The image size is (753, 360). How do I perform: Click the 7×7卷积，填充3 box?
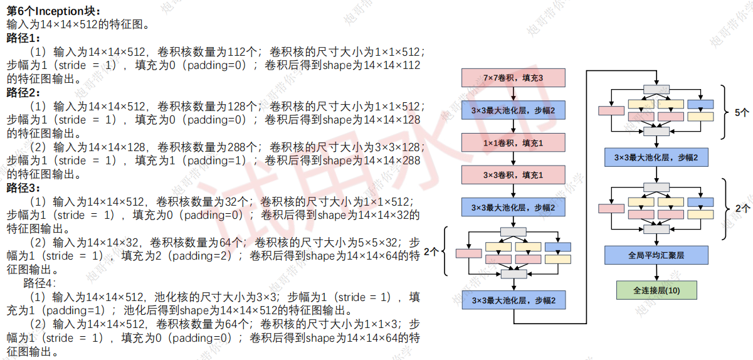pyautogui.click(x=513, y=78)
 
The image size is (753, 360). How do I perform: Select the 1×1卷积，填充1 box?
pyautogui.click(x=513, y=143)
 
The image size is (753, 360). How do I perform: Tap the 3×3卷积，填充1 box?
pyautogui.click(x=513, y=175)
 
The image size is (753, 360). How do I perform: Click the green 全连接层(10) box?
pyautogui.click(x=656, y=290)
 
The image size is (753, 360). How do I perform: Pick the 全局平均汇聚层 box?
pyautogui.click(x=656, y=255)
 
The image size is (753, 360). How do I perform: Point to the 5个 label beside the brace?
pyautogui.click(x=742, y=113)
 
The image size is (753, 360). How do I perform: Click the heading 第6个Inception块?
pyautogui.click(x=53, y=11)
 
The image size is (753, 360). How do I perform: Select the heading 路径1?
pyautogui.click(x=23, y=38)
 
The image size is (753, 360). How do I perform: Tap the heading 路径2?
pyautogui.click(x=23, y=92)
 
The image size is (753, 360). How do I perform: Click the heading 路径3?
pyautogui.click(x=23, y=188)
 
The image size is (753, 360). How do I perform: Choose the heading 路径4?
pyautogui.click(x=39, y=283)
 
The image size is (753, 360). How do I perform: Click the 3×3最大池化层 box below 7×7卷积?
pyautogui.click(x=513, y=110)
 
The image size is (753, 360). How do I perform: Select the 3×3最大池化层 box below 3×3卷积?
pyautogui.click(x=513, y=208)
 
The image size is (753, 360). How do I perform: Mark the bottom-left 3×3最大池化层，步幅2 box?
pyautogui.click(x=513, y=300)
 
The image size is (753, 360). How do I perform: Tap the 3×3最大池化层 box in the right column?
pyautogui.click(x=656, y=157)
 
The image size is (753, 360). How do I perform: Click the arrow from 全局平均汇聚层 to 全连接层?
pyautogui.click(x=656, y=273)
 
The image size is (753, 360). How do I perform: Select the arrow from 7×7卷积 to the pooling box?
pyautogui.click(x=513, y=94)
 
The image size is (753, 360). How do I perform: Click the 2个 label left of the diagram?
pyautogui.click(x=431, y=251)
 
